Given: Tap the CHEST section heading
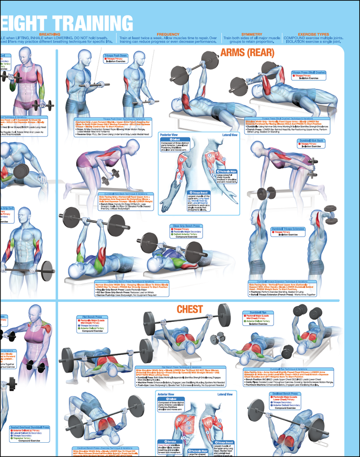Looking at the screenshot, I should [190, 309].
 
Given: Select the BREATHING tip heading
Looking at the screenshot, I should [49, 34].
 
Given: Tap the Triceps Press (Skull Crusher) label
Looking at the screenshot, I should [308, 74].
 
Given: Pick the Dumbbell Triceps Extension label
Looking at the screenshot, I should [294, 231].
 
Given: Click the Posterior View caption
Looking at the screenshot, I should [169, 135].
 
